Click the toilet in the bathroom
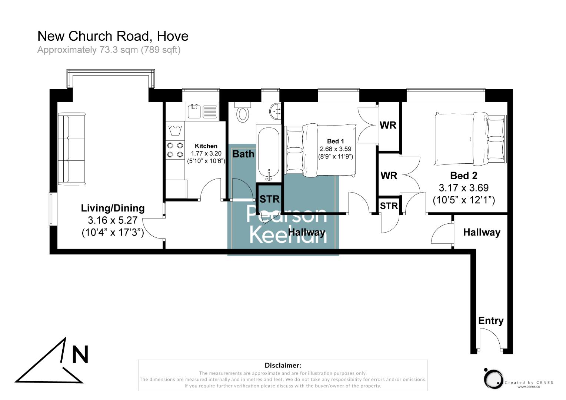(243, 113)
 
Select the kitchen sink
(194, 111)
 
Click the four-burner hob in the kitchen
(175, 150)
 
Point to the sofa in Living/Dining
(71, 149)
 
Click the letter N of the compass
(80, 354)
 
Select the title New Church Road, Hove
(113, 36)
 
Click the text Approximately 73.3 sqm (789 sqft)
(109, 50)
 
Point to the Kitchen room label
(206, 146)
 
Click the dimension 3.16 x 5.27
(113, 220)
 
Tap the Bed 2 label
(463, 176)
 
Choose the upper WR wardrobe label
(388, 125)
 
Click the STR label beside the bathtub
(269, 199)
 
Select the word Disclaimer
(283, 366)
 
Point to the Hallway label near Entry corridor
(482, 232)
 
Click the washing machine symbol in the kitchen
(174, 131)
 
